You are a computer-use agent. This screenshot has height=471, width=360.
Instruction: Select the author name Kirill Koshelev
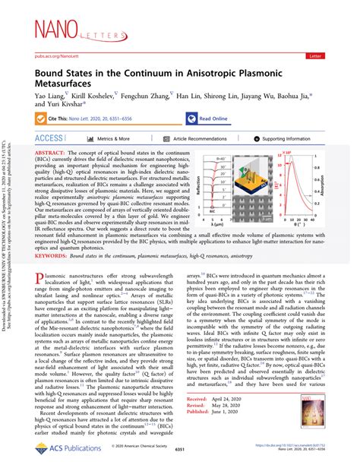(93, 96)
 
